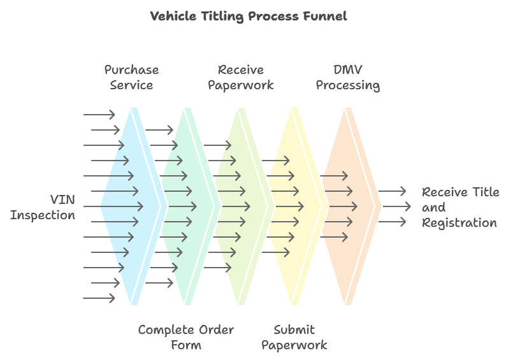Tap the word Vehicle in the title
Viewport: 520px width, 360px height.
click(173, 16)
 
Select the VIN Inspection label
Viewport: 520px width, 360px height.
click(43, 208)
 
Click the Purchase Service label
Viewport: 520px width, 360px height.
click(132, 77)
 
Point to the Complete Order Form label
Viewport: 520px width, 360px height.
click(186, 338)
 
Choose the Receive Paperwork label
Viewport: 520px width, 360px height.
click(241, 77)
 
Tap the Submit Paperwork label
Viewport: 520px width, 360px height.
click(294, 338)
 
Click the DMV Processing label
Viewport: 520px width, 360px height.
click(348, 77)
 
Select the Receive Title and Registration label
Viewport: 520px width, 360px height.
click(461, 208)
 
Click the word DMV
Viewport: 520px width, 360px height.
click(348, 69)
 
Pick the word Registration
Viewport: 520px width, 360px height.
click(459, 223)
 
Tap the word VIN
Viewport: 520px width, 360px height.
click(62, 200)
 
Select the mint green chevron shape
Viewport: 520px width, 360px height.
click(188, 206)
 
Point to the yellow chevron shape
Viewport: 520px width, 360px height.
click(295, 206)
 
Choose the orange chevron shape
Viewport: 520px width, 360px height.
click(349, 206)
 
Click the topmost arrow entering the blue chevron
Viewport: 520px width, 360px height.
click(99, 115)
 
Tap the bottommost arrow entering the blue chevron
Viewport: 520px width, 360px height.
click(99, 298)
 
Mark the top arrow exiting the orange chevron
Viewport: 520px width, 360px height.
click(392, 191)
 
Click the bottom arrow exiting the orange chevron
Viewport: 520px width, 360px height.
click(392, 222)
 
